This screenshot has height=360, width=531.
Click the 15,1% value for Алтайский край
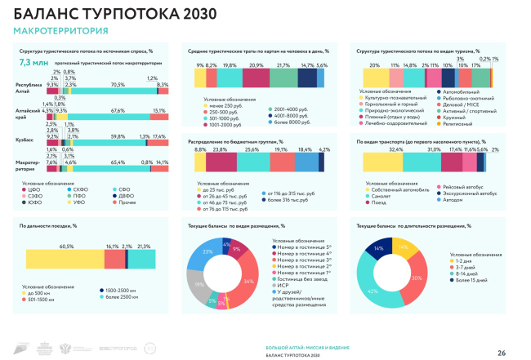pos(159,110)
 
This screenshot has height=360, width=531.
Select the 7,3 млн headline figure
pos(33,62)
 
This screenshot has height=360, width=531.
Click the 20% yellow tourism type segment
pos(374,77)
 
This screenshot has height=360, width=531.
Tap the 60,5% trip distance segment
pos(61,257)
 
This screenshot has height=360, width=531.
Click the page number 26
pos(502,351)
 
